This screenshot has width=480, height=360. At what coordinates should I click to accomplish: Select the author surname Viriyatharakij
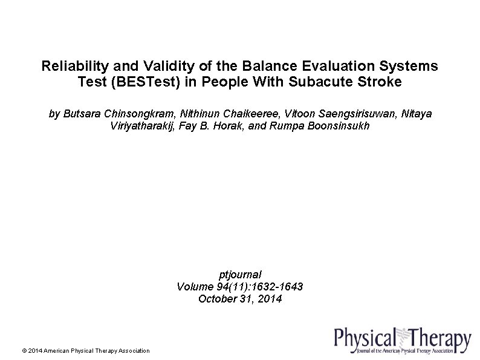pos(140,126)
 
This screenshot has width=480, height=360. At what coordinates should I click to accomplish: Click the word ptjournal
pos(239,274)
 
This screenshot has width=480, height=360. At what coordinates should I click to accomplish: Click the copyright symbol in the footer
pos(24,351)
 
